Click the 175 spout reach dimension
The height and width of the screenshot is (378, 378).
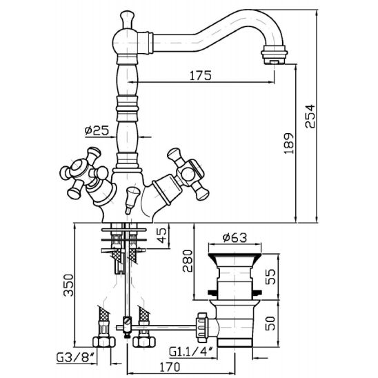201,75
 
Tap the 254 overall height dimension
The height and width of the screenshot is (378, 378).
310,116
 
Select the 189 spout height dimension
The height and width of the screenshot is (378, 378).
288,143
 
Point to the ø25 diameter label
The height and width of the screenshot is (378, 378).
97,130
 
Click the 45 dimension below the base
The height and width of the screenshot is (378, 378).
161,235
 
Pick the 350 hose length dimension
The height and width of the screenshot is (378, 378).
68,285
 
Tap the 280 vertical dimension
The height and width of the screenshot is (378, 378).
188,261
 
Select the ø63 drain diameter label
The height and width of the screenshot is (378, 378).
235,238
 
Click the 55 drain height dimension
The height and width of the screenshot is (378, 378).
270,277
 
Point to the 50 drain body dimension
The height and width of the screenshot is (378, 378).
270,324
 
